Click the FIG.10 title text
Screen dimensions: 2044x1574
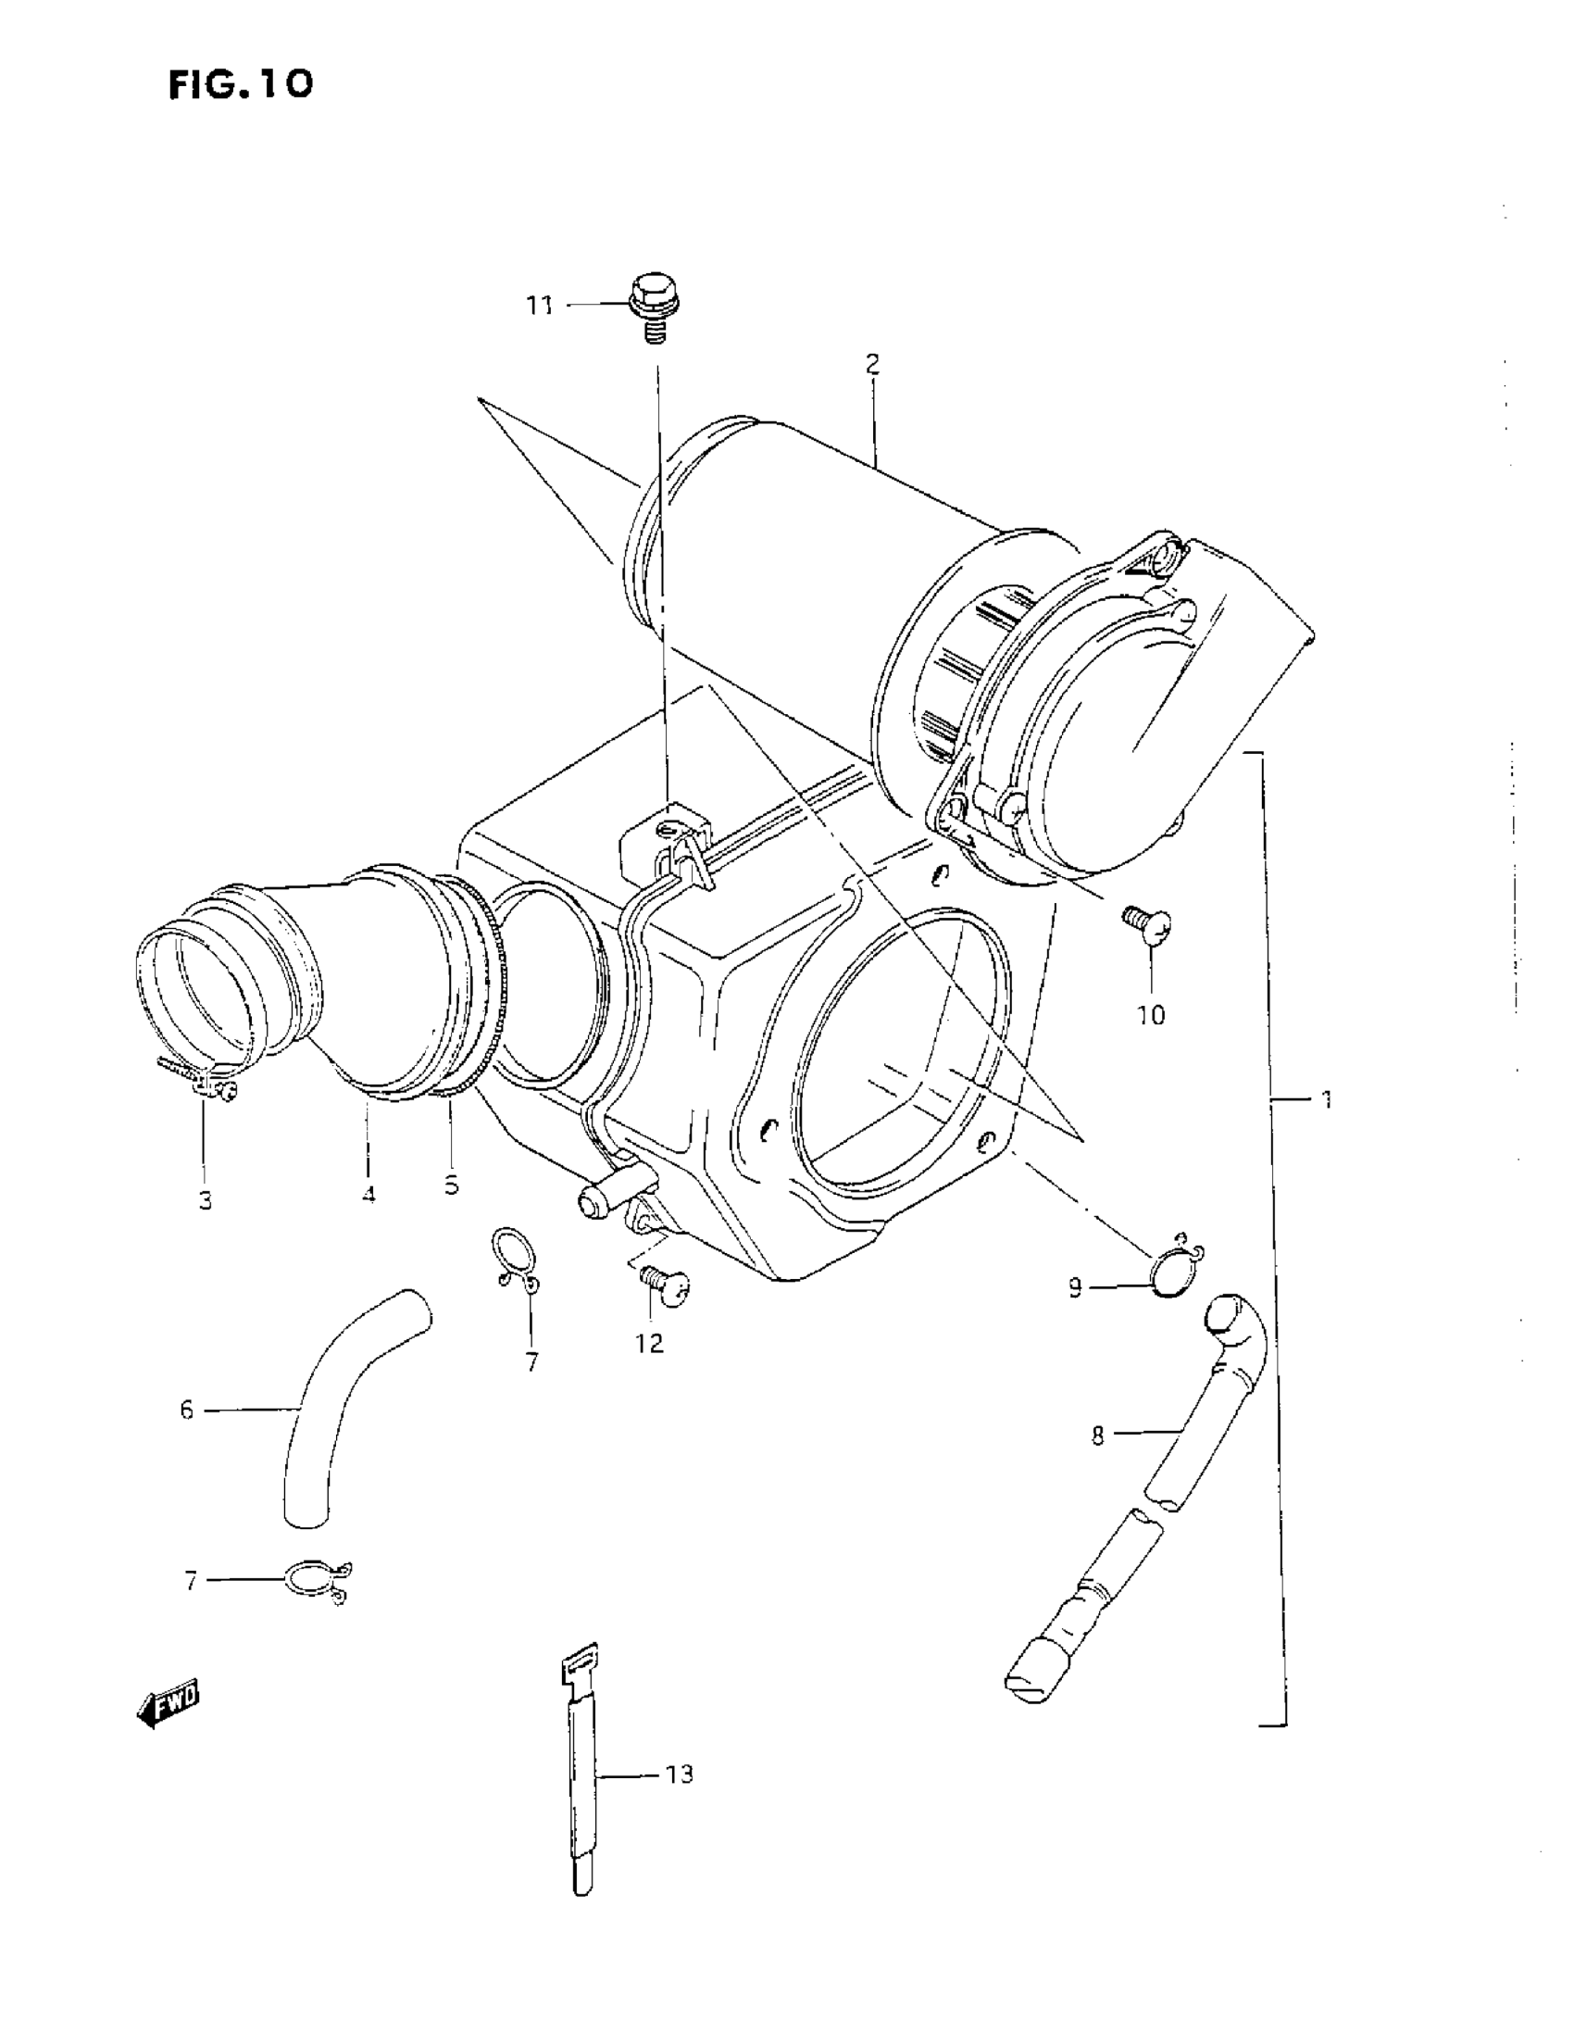point(241,85)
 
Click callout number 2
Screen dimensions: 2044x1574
point(872,364)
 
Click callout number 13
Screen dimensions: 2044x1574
point(680,1774)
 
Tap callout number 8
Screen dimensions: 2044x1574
point(1098,1436)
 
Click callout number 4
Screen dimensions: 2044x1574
point(369,1195)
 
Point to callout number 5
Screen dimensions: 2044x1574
point(451,1185)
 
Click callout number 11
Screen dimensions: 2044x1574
point(539,306)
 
